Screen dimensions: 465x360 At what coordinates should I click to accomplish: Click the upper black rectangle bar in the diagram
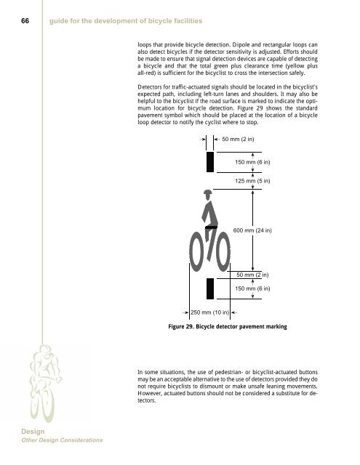tap(210, 161)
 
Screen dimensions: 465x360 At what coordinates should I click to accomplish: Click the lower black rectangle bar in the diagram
tap(210, 288)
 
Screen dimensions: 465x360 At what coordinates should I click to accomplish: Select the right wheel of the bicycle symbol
tap(222, 251)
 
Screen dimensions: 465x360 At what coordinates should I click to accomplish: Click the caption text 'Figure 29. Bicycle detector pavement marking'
tap(228, 328)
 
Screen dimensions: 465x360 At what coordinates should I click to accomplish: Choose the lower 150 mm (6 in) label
tap(252, 288)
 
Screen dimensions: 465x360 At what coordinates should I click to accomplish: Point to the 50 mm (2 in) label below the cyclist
tap(254, 275)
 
